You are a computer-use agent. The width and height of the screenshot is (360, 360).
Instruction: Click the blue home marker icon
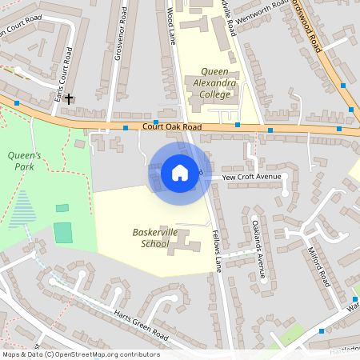click(x=180, y=172)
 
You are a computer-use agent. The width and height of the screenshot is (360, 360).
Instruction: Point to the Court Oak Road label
click(x=171, y=127)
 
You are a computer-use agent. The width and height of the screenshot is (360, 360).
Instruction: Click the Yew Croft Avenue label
click(x=252, y=176)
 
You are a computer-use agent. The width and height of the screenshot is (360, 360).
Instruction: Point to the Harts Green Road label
click(x=143, y=320)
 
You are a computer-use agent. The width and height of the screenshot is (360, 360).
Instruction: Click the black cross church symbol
click(x=69, y=99)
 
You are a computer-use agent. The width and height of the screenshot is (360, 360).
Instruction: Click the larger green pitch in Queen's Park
click(x=63, y=233)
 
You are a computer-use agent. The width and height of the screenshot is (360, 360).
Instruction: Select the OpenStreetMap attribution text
click(x=80, y=354)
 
